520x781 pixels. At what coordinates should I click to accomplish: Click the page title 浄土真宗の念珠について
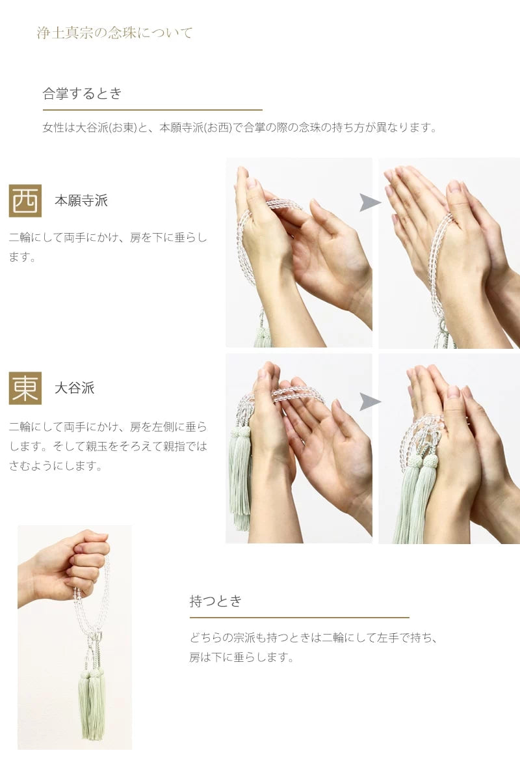point(114,33)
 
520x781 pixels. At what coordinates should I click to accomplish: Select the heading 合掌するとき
point(83,93)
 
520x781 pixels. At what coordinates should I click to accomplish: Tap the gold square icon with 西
point(25,200)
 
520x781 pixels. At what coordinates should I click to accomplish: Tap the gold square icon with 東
point(25,388)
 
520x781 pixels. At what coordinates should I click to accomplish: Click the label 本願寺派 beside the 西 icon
point(81,200)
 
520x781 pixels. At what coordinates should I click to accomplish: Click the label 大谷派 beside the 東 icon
point(74,388)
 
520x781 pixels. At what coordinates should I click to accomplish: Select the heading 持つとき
point(216,601)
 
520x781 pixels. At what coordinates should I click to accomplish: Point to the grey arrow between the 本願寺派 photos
point(370,203)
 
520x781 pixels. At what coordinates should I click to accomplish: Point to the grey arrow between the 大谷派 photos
point(370,402)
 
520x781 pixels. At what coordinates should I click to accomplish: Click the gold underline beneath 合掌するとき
point(152,110)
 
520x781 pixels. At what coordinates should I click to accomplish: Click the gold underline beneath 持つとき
point(299,617)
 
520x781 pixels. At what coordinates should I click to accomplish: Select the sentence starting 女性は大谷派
point(239,128)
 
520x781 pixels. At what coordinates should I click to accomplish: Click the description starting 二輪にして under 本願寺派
point(108,247)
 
